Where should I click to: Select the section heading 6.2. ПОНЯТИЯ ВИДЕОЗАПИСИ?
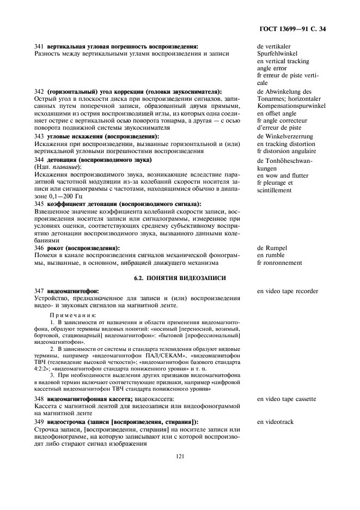coord(180,278)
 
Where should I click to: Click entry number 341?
coord(39,47)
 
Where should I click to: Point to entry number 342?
coord(39,92)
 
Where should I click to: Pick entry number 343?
coord(39,136)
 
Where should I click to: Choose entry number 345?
coord(39,204)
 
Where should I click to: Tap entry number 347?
coord(39,291)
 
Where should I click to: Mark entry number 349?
coord(39,422)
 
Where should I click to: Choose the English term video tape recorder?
coord(288,291)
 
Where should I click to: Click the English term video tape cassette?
coord(286,399)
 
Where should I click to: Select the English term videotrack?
coord(277,422)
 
